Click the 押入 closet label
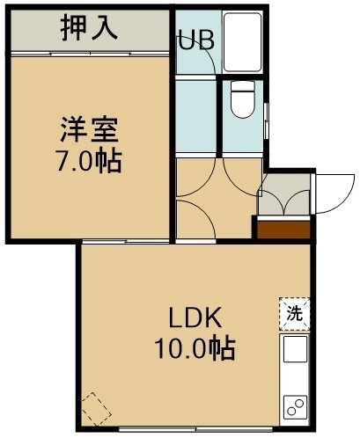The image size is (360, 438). [x=89, y=28]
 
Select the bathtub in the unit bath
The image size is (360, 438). [x=242, y=42]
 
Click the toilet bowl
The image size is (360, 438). [x=242, y=99]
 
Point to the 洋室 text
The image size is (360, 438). [x=89, y=129]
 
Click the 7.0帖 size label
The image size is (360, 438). [x=89, y=161]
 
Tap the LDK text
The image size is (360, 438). [x=195, y=318]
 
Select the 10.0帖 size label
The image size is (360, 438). [x=195, y=349]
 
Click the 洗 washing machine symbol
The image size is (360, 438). [x=295, y=314]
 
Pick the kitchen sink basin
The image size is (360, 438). [x=295, y=349]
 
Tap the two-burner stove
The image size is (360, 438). [x=295, y=407]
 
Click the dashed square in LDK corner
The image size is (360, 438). [x=97, y=409]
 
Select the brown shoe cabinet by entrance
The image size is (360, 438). [x=283, y=230]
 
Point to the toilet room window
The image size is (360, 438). [x=266, y=120]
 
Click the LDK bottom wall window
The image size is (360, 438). [x=195, y=429]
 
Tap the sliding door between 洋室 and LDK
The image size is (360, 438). [x=126, y=242]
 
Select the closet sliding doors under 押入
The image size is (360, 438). [x=91, y=54]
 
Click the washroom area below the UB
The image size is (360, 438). [x=196, y=116]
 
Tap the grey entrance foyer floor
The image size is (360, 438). [x=283, y=194]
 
